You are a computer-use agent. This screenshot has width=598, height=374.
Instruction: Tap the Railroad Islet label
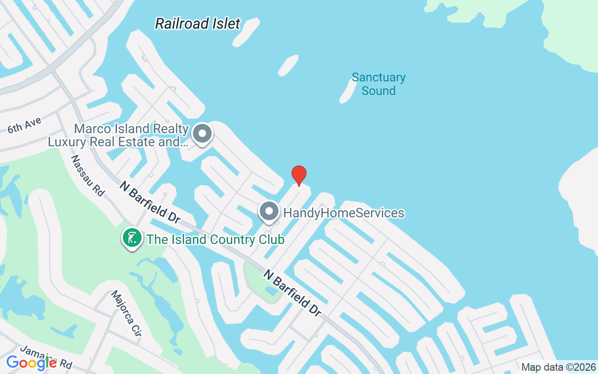tap(198, 23)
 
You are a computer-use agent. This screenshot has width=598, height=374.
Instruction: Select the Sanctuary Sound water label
tap(378, 84)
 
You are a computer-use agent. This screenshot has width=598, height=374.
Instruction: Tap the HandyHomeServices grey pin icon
tap(269, 212)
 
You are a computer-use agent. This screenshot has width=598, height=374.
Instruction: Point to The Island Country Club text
tap(215, 240)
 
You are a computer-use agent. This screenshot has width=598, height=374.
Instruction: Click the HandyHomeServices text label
tap(344, 213)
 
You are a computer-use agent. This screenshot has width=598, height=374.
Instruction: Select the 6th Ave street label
tap(25, 125)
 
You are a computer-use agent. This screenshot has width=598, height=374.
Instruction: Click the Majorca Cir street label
tap(126, 314)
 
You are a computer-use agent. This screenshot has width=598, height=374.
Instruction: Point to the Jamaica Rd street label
tap(47, 358)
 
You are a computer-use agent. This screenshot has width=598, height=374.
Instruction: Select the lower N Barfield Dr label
tap(293, 293)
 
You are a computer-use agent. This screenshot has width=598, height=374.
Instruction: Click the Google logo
tap(31, 362)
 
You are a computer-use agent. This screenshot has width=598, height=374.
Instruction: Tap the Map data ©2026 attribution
tap(558, 367)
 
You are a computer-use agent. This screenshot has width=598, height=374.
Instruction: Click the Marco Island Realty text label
tap(119, 135)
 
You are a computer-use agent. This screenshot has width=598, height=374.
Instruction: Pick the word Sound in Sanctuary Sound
tap(378, 91)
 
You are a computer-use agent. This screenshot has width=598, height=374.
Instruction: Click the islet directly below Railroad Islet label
tap(288, 65)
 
